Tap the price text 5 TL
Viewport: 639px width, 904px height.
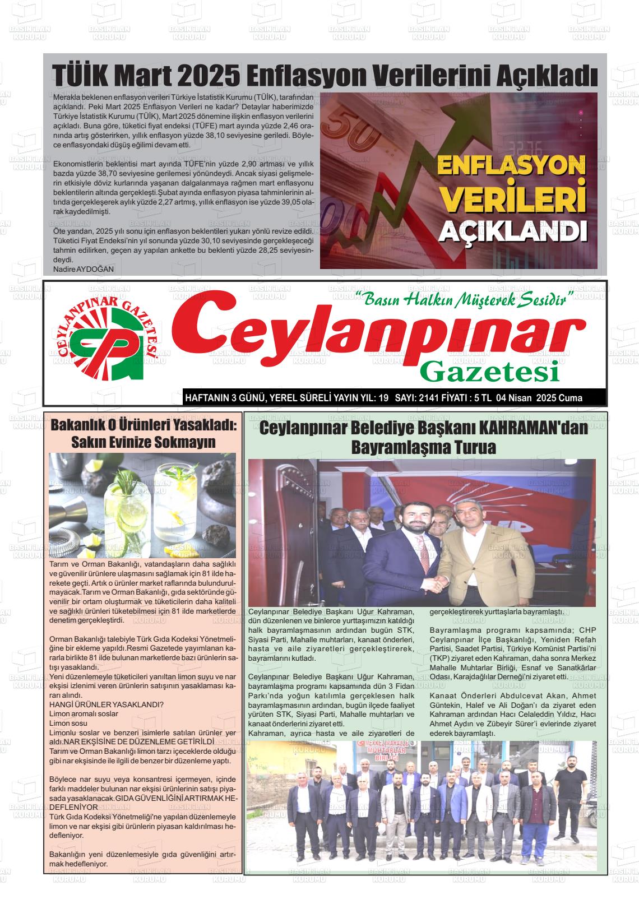[483, 398]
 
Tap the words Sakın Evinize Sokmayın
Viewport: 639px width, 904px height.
[143, 442]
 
